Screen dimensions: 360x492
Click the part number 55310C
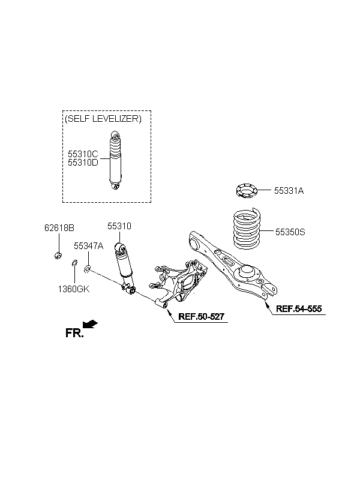pos(83,154)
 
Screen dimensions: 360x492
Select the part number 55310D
pos(83,163)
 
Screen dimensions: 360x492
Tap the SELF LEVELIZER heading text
pos(103,119)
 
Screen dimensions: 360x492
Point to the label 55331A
pos(289,191)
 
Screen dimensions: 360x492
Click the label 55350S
pos(290,232)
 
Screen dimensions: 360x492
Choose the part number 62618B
pos(59,228)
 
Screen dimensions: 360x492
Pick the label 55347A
pos(89,245)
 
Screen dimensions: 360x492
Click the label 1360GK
pos(74,289)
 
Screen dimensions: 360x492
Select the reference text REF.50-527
pos(201,316)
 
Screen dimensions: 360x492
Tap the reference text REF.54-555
pos(299,309)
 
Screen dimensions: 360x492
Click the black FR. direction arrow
pos(90,324)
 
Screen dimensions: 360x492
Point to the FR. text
pos(74,333)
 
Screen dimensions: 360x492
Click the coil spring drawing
pos(247,229)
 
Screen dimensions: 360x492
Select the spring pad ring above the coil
pos(247,191)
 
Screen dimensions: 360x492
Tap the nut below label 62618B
pos(58,256)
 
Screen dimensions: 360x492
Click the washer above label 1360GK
pos(74,263)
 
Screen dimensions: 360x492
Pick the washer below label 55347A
pos(88,269)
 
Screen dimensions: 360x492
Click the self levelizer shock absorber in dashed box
pos(115,161)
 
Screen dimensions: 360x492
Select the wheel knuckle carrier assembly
pos(178,283)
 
